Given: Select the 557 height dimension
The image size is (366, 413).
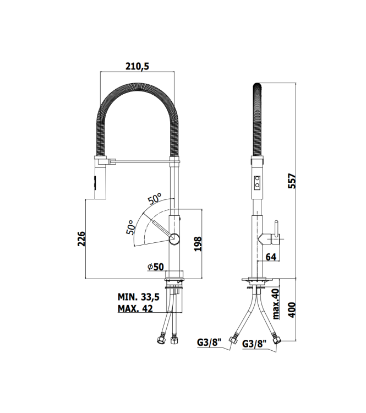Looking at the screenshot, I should click(292, 182).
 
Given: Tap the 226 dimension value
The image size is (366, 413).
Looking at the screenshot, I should click(80, 240).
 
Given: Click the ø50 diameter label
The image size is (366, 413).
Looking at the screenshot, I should click(156, 267).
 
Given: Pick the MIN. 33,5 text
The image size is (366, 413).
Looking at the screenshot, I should click(138, 297).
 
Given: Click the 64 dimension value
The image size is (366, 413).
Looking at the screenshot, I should click(271, 256).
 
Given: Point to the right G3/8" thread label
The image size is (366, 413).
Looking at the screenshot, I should click(254, 344).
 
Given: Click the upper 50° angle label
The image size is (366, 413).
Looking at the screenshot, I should click(154, 198).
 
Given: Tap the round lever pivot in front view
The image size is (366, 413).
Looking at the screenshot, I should click(174, 238).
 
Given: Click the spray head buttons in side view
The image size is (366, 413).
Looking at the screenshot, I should click(256, 182).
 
